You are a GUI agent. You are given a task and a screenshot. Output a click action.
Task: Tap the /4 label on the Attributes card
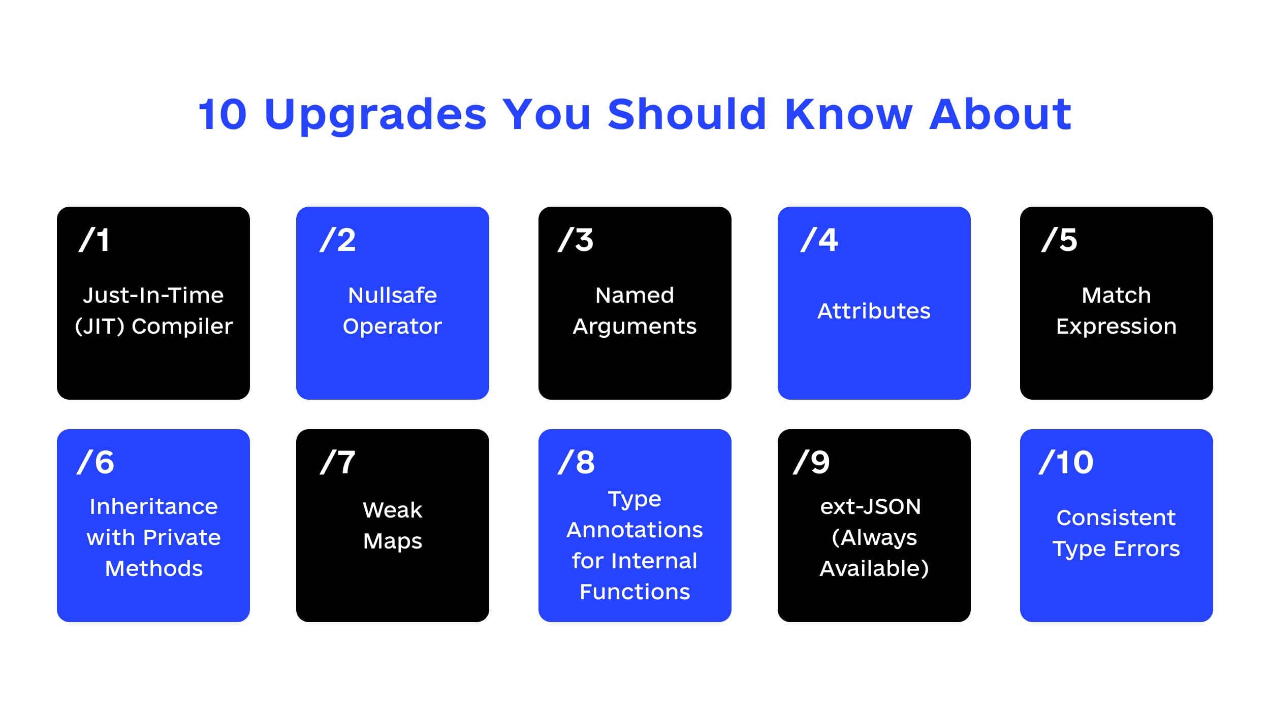[819, 240]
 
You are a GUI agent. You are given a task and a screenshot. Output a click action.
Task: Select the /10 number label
[1066, 462]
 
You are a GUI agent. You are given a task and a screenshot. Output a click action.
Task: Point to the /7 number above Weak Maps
[338, 462]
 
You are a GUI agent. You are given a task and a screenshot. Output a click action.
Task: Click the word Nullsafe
[392, 295]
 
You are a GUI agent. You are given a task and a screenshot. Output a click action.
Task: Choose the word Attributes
[874, 311]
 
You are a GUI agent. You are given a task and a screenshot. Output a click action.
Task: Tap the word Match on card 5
[1116, 295]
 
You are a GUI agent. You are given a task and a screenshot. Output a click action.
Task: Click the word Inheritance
[153, 506]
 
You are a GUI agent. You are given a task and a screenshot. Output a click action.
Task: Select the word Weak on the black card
[392, 510]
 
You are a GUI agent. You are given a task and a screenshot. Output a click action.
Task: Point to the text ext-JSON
[870, 506]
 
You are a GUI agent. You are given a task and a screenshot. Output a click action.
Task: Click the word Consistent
[1116, 518]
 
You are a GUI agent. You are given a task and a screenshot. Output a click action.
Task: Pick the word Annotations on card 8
[634, 530]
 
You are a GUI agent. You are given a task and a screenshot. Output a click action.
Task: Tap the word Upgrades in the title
[375, 114]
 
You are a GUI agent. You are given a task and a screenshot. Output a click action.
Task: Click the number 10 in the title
[223, 114]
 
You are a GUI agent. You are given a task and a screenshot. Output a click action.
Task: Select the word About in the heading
[1000, 114]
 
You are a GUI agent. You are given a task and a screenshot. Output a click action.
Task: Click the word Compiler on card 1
[182, 326]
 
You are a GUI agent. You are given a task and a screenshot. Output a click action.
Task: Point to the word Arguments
[634, 326]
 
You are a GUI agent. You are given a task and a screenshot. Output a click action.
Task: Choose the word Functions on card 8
[634, 592]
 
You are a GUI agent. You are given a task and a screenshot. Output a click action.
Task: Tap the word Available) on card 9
[874, 568]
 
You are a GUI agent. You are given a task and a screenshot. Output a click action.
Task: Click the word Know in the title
[848, 114]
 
